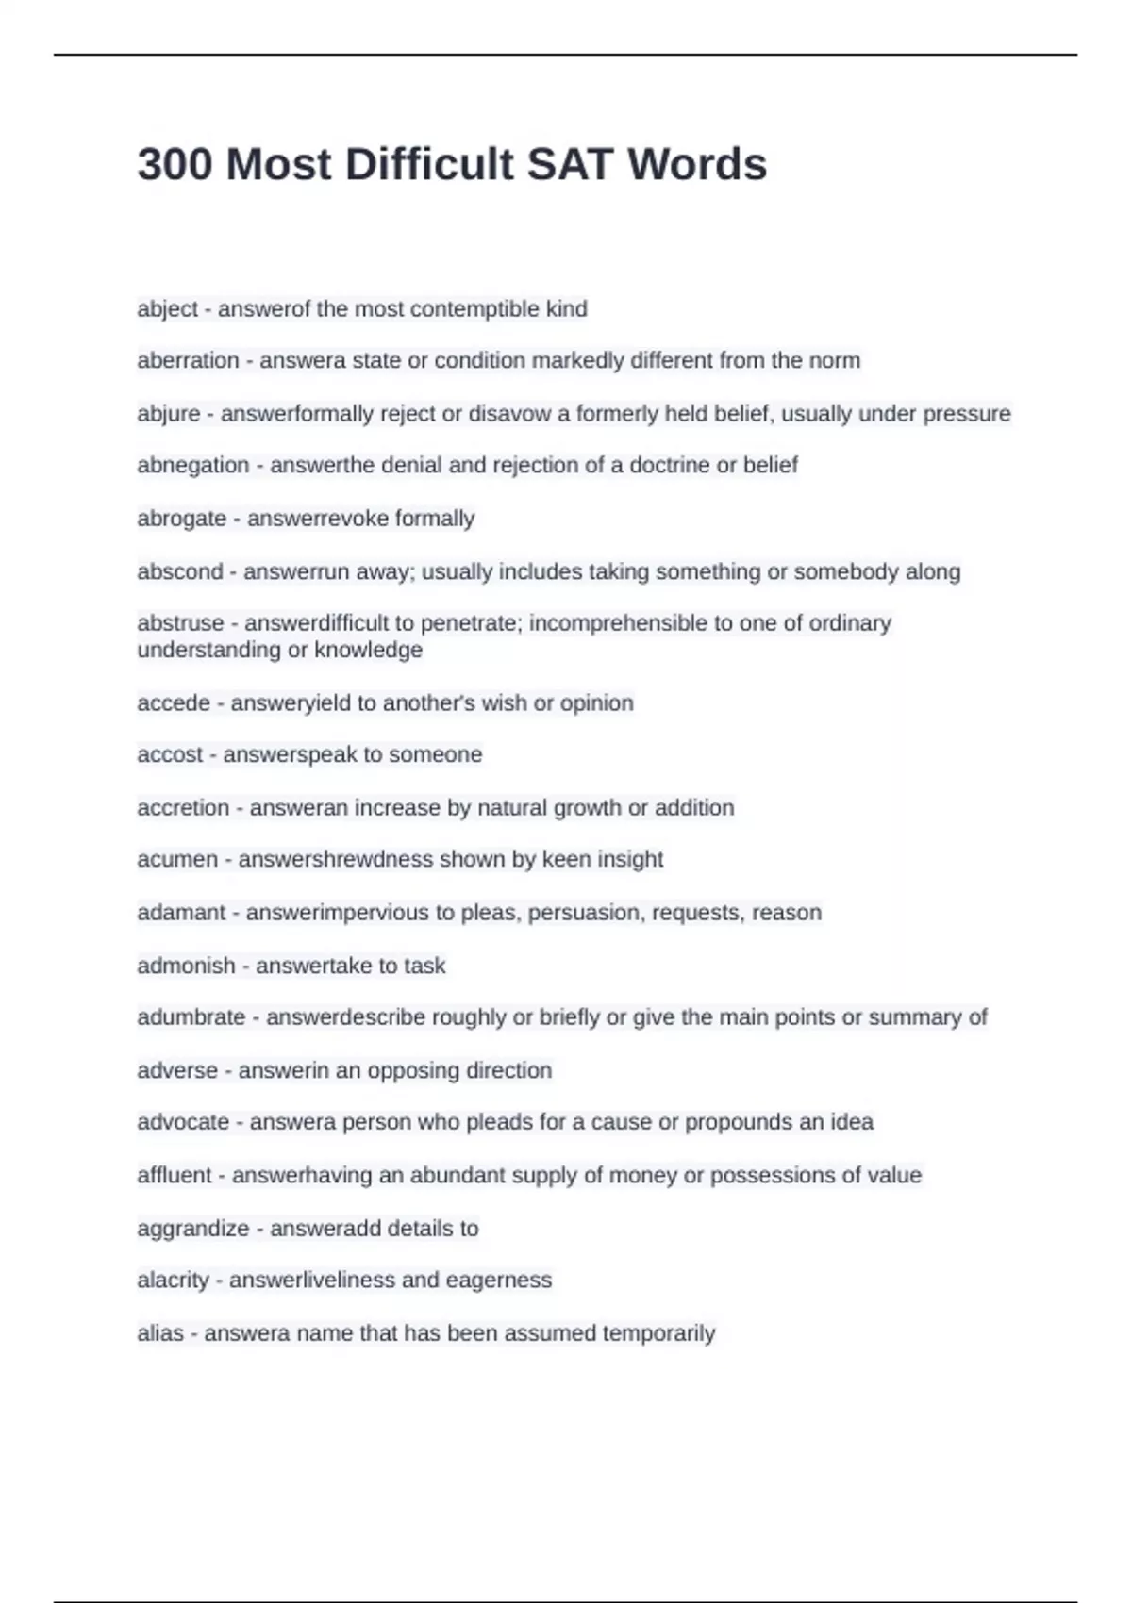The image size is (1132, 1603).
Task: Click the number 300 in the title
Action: click(175, 165)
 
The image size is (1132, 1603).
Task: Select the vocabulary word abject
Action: click(167, 309)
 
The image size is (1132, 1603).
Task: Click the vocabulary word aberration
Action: click(188, 360)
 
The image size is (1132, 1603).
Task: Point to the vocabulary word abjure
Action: click(169, 414)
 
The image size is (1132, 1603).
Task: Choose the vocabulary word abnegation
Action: click(193, 465)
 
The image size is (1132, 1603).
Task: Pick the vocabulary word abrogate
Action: click(181, 519)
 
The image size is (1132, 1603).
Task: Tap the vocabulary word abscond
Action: click(179, 571)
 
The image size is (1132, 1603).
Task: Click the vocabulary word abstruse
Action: click(180, 623)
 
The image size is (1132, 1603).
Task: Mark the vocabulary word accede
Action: click(174, 703)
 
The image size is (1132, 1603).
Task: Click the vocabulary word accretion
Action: click(183, 808)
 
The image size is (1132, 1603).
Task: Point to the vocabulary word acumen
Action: click(177, 859)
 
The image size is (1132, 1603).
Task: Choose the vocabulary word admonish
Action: click(186, 966)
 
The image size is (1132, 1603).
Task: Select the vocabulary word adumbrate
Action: click(191, 1017)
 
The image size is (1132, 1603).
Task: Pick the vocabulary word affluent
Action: click(175, 1176)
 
